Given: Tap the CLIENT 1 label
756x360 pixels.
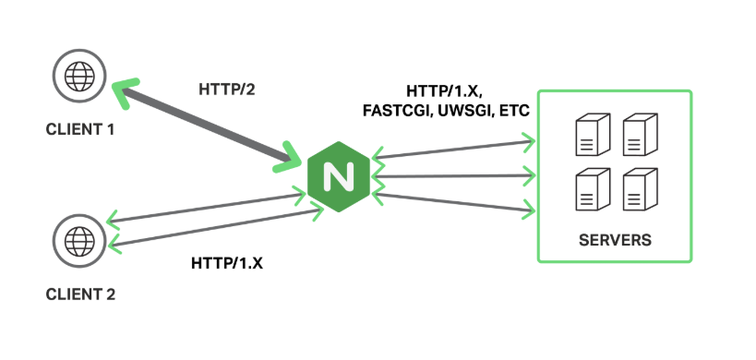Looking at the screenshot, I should (x=80, y=129).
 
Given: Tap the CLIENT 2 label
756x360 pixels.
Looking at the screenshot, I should (x=80, y=295).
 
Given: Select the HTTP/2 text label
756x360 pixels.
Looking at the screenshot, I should (x=226, y=90).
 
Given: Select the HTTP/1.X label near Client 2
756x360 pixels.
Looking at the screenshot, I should (x=227, y=263).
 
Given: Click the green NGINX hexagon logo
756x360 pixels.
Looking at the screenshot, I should (x=338, y=174).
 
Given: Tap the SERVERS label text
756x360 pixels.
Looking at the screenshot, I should (x=615, y=240).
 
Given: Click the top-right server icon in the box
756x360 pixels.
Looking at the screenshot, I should (x=639, y=135).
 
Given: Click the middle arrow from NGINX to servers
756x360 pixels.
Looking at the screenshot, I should (x=452, y=175).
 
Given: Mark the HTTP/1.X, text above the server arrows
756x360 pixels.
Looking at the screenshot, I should (x=444, y=91).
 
